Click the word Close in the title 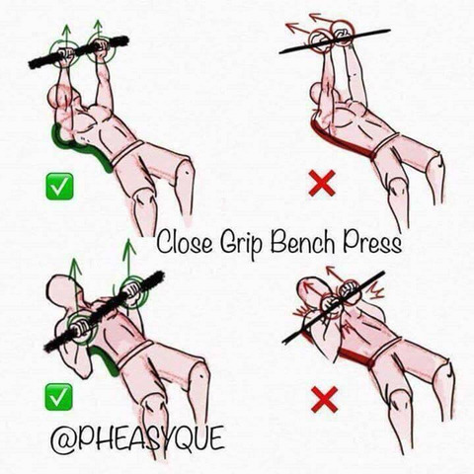click(x=185, y=241)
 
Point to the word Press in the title click(x=373, y=242)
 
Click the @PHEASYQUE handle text click(x=137, y=438)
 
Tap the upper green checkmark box click(x=59, y=187)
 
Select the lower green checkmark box click(x=58, y=397)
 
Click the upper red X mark click(x=322, y=184)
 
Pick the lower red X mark click(x=325, y=399)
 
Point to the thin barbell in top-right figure click(x=335, y=41)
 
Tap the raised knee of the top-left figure click(x=186, y=171)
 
